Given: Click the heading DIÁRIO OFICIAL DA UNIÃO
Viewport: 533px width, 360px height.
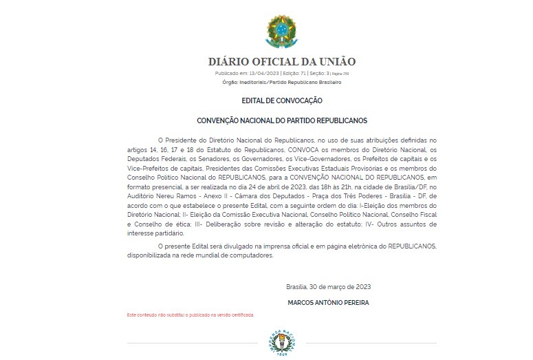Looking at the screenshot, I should (x=282, y=62).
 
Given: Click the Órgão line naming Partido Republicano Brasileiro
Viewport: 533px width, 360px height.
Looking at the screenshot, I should (x=282, y=82).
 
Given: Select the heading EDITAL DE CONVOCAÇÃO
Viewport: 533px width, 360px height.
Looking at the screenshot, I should (x=282, y=100).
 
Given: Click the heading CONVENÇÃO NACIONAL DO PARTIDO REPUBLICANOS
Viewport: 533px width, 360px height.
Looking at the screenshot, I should (x=282, y=119).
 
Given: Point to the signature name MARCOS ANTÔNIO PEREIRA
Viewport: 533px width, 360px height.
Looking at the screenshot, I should (x=328, y=302).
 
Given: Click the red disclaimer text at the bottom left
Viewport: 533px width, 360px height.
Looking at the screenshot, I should (x=191, y=315).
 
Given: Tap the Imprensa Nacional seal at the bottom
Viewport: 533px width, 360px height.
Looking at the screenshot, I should (x=282, y=343).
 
